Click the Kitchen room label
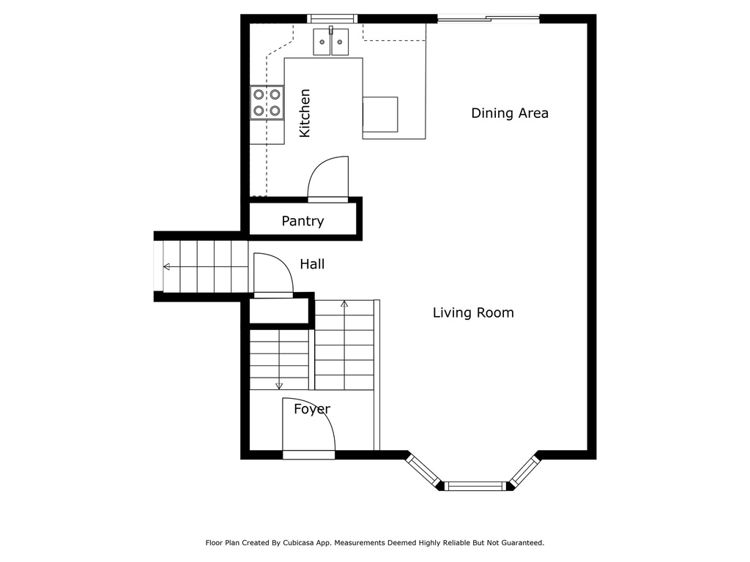(x=305, y=113)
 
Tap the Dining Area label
(x=510, y=113)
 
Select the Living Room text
(x=473, y=312)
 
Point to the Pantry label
(x=302, y=221)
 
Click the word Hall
(x=312, y=263)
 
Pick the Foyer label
(x=312, y=409)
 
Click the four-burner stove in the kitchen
(x=267, y=102)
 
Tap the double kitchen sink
(x=331, y=42)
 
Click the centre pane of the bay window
(x=476, y=487)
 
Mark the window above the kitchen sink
(x=332, y=18)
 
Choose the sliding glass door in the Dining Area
(x=489, y=19)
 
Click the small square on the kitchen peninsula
(x=380, y=115)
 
